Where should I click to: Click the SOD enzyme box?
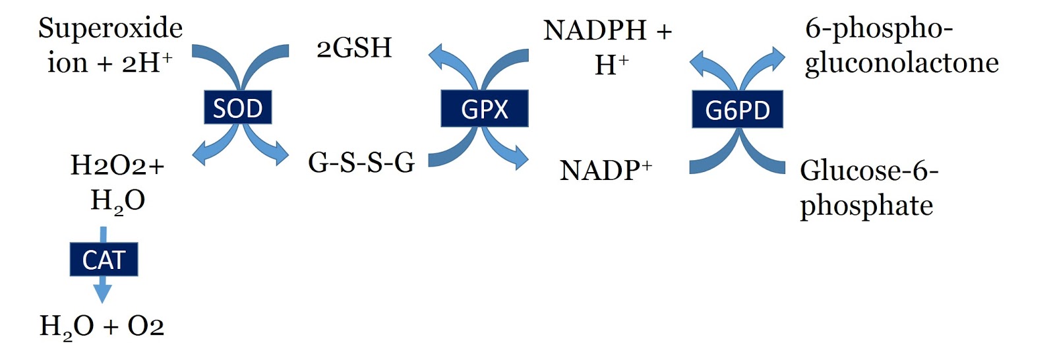[237, 107]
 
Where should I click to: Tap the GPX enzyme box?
[485, 109]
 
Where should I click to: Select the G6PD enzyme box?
[737, 109]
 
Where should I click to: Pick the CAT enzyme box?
[104, 260]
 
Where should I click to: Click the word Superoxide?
[110, 28]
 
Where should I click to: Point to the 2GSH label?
[354, 48]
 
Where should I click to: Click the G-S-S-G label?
[361, 162]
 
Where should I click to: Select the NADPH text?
[595, 30]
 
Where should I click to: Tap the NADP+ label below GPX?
[605, 170]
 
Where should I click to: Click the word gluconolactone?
[901, 63]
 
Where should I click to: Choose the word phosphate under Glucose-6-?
[866, 205]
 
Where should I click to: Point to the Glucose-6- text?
[868, 171]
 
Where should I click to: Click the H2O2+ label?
[117, 165]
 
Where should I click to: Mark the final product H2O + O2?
[102, 326]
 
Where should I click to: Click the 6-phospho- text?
[878, 29]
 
